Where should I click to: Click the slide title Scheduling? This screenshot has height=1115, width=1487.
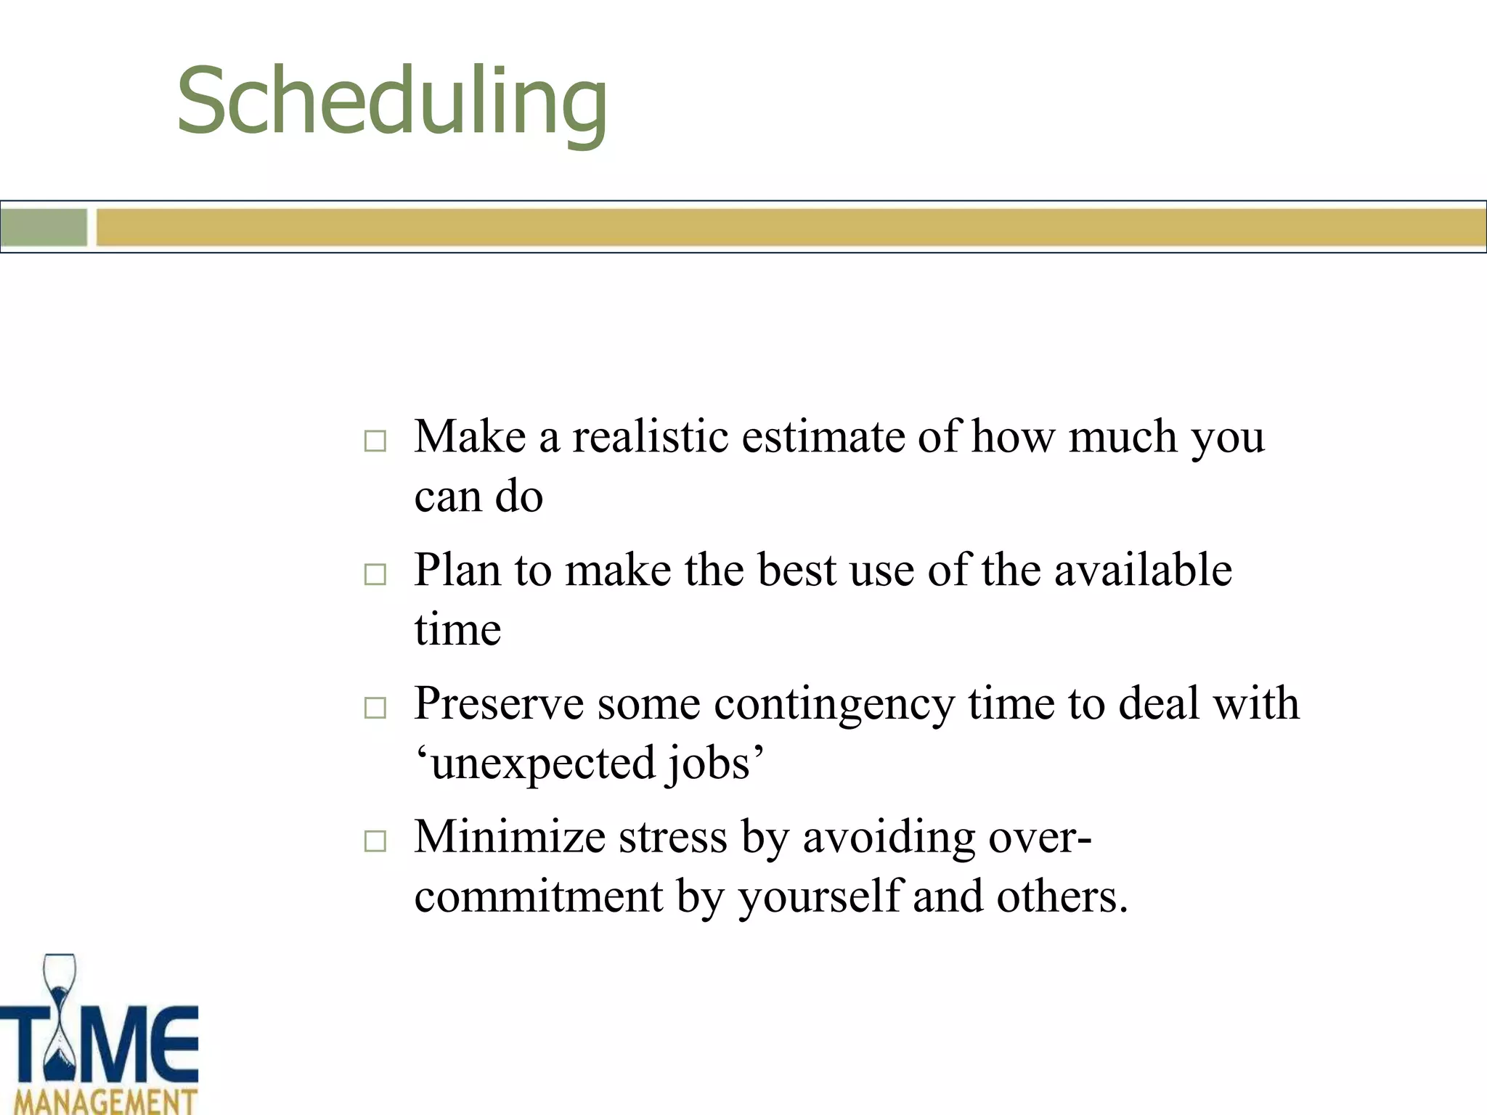392,102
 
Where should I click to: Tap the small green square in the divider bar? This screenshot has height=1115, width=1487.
44,227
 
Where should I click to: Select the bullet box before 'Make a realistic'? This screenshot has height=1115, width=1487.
375,441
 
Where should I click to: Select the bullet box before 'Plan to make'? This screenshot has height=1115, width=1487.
375,574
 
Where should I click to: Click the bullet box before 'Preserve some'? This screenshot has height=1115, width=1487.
375,707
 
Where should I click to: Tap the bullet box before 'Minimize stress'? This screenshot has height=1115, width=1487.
375,841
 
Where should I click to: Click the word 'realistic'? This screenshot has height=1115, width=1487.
651,437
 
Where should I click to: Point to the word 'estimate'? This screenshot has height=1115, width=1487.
823,437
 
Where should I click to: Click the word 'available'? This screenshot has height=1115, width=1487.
1143,570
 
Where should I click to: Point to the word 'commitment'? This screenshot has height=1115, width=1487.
538,897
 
